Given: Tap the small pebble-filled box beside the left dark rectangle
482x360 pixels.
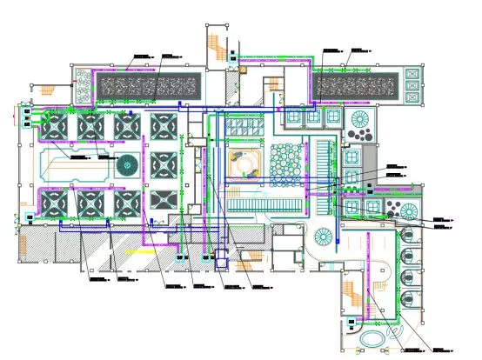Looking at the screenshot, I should coord(82,84).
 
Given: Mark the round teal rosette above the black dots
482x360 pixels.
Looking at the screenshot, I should coord(360,117).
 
